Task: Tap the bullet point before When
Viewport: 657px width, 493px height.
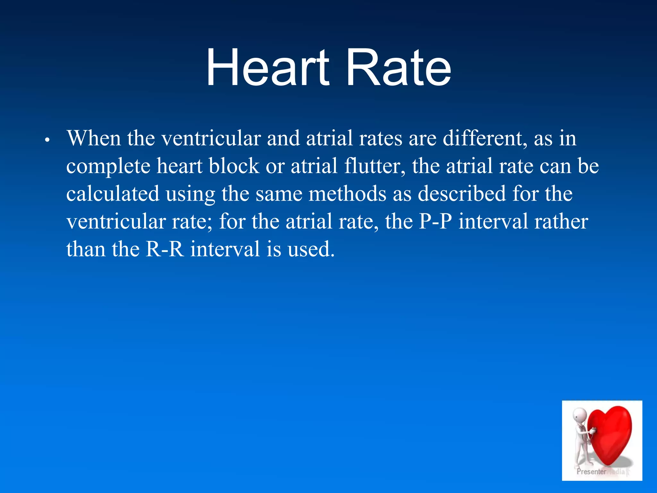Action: (47, 140)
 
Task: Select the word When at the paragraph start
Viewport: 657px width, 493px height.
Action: (94, 138)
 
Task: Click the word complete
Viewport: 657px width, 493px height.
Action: (108, 166)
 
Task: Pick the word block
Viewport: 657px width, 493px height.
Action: (234, 166)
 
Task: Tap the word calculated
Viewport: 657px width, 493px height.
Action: (113, 194)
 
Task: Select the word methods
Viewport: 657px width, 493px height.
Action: (347, 194)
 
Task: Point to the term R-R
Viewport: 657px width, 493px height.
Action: (165, 249)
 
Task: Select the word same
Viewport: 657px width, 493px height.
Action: (279, 194)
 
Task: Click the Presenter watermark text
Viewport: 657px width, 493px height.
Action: (591, 471)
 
